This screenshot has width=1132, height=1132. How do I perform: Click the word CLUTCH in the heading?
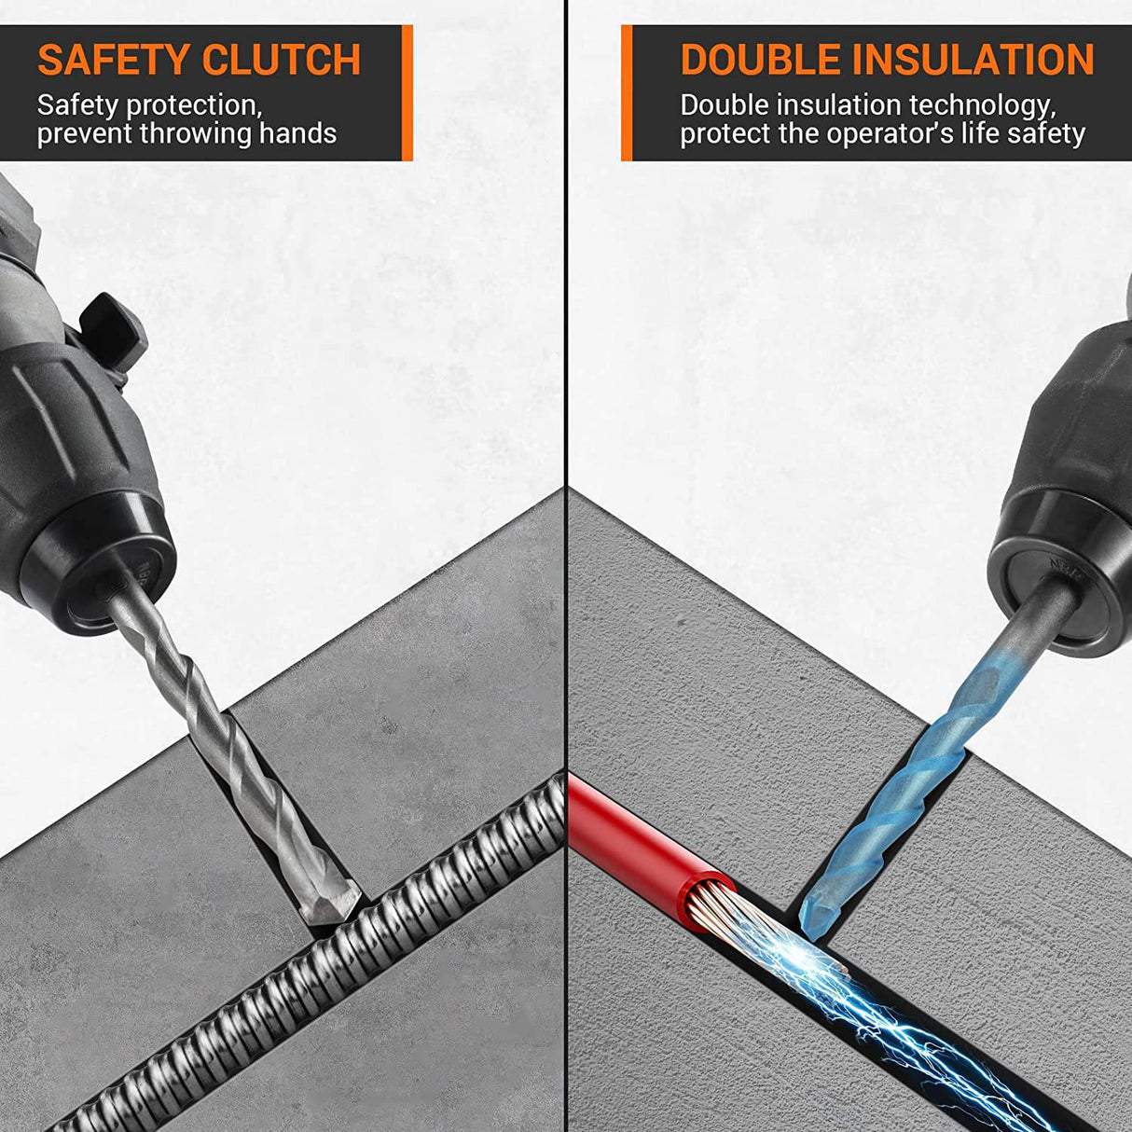tap(281, 61)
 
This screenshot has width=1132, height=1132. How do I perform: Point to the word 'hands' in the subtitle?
tap(297, 134)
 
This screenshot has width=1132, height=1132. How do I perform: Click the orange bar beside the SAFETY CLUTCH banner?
tap(407, 92)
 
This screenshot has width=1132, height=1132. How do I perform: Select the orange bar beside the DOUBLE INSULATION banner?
tap(627, 92)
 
